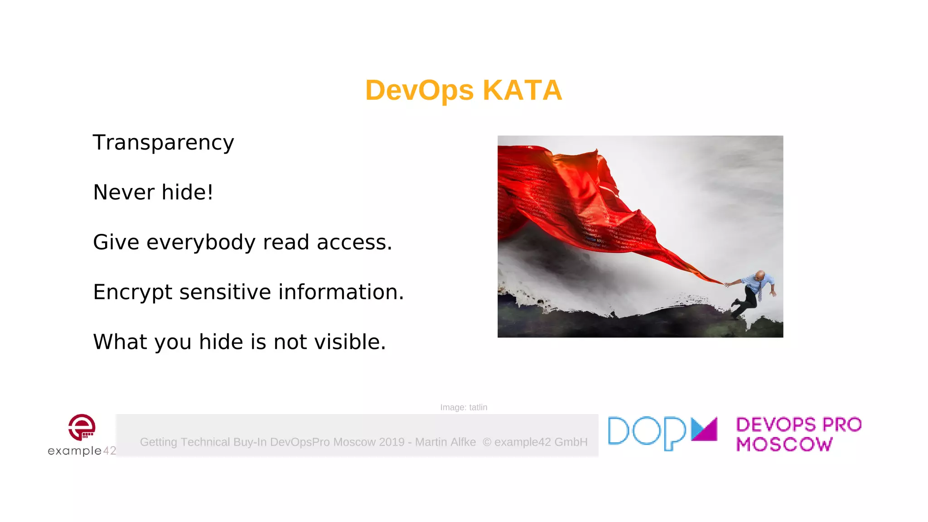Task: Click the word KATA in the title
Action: pyautogui.click(x=522, y=90)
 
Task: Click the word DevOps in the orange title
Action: pyautogui.click(x=419, y=90)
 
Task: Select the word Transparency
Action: pyautogui.click(x=163, y=143)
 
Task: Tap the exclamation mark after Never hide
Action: pyautogui.click(x=210, y=192)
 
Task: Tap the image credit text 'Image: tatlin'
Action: pyautogui.click(x=464, y=407)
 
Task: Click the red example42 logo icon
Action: pyautogui.click(x=82, y=427)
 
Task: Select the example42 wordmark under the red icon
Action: pyautogui.click(x=82, y=450)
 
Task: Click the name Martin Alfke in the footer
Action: pyautogui.click(x=445, y=442)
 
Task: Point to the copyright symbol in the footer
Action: pyautogui.click(x=487, y=442)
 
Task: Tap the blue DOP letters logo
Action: pyautogui.click(x=647, y=432)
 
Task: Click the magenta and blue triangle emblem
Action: pyautogui.click(x=704, y=429)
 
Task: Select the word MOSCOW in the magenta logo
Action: pyautogui.click(x=784, y=445)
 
